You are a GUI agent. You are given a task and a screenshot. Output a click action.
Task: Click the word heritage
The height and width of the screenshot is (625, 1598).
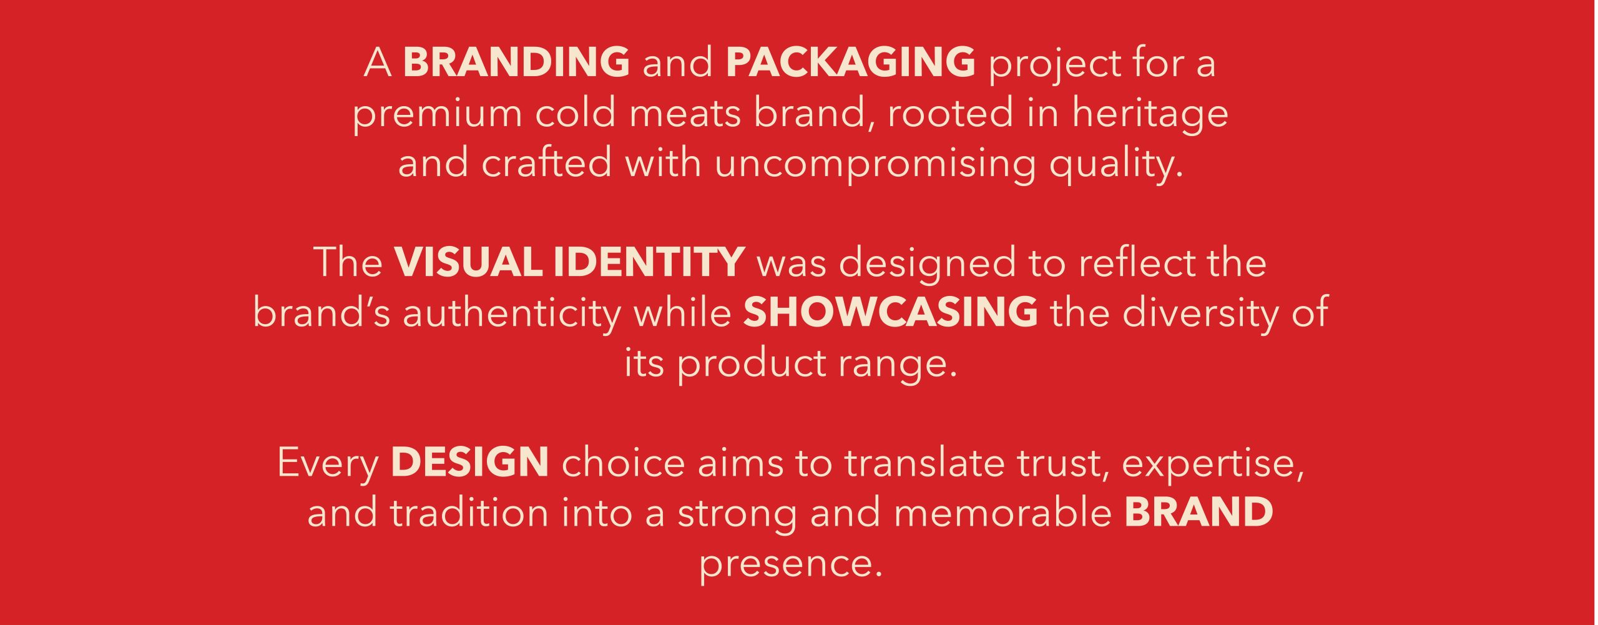point(1150,115)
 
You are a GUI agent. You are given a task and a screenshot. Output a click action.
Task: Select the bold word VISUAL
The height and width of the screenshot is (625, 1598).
point(468,262)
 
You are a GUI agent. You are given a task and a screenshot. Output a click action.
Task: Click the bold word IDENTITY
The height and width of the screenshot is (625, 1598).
point(649,262)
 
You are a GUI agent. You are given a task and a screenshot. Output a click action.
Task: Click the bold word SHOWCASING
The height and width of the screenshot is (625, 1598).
point(890,312)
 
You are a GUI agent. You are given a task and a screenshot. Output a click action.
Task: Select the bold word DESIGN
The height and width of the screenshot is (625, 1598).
point(469,461)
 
